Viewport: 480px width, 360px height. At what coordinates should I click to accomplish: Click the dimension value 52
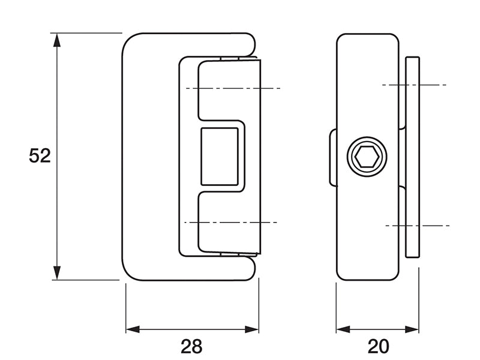[x=40, y=156]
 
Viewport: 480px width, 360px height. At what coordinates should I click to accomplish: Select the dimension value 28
[x=192, y=346]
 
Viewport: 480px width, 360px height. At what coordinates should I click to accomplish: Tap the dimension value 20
[x=378, y=346]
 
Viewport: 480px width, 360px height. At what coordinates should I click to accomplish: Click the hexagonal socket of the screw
[x=366, y=158]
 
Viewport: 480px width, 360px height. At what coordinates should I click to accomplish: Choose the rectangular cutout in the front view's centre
[x=220, y=157]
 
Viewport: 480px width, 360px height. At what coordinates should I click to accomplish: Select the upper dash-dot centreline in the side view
[x=414, y=85]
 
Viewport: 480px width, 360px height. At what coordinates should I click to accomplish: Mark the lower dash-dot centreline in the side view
[x=417, y=226]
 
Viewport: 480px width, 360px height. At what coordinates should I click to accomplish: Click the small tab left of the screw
[x=332, y=158]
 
